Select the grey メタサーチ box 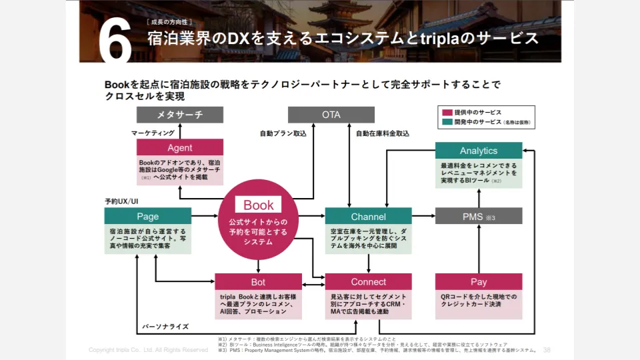179,115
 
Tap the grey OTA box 331,115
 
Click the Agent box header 179,148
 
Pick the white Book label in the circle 259,205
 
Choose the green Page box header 147,216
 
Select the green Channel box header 368,216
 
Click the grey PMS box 478,216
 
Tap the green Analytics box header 478,151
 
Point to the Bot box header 258,282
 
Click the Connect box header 368,282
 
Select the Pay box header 478,282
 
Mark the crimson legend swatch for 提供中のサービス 446,112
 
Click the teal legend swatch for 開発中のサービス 446,123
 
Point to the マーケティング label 153,133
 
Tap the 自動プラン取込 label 283,133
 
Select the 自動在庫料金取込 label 382,133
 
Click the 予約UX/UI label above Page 121,201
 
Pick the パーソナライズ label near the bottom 165,327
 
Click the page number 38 547,350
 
